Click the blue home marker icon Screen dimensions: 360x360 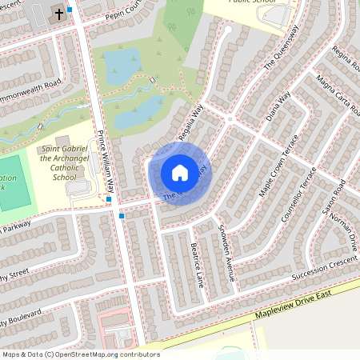pos(180,172)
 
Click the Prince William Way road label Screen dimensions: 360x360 pos(107,163)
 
